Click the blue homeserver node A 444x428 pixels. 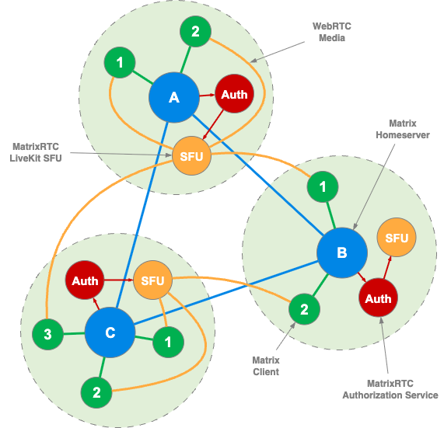[x=174, y=97]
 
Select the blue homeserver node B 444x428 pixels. [x=341, y=252]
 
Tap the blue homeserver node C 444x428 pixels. [x=110, y=333]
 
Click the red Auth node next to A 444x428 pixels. [x=234, y=95]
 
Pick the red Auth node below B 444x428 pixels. [x=378, y=298]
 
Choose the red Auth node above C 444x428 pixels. [x=85, y=281]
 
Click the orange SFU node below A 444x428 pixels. [x=191, y=155]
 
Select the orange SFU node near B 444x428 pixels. [x=397, y=238]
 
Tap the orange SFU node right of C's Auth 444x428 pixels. [x=153, y=281]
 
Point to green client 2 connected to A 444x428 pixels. [x=195, y=33]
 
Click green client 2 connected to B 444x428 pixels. [x=304, y=309]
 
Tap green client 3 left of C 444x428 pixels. [x=47, y=336]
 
